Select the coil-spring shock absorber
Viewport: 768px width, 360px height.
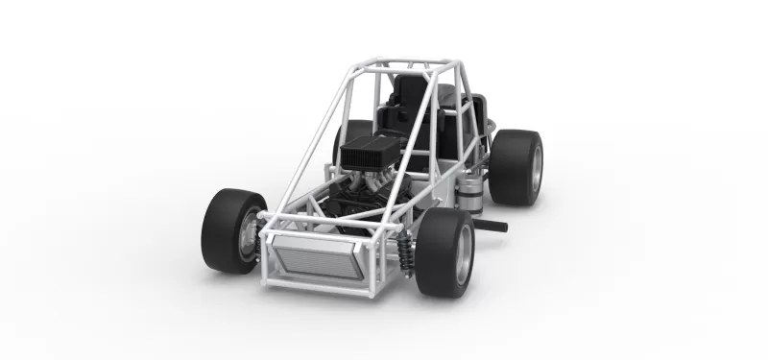[x=405, y=252]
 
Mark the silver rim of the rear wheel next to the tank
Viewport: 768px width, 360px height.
[x=536, y=167]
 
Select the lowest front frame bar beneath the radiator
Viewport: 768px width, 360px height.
[x=317, y=285]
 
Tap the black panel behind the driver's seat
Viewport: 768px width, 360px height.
[x=451, y=106]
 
